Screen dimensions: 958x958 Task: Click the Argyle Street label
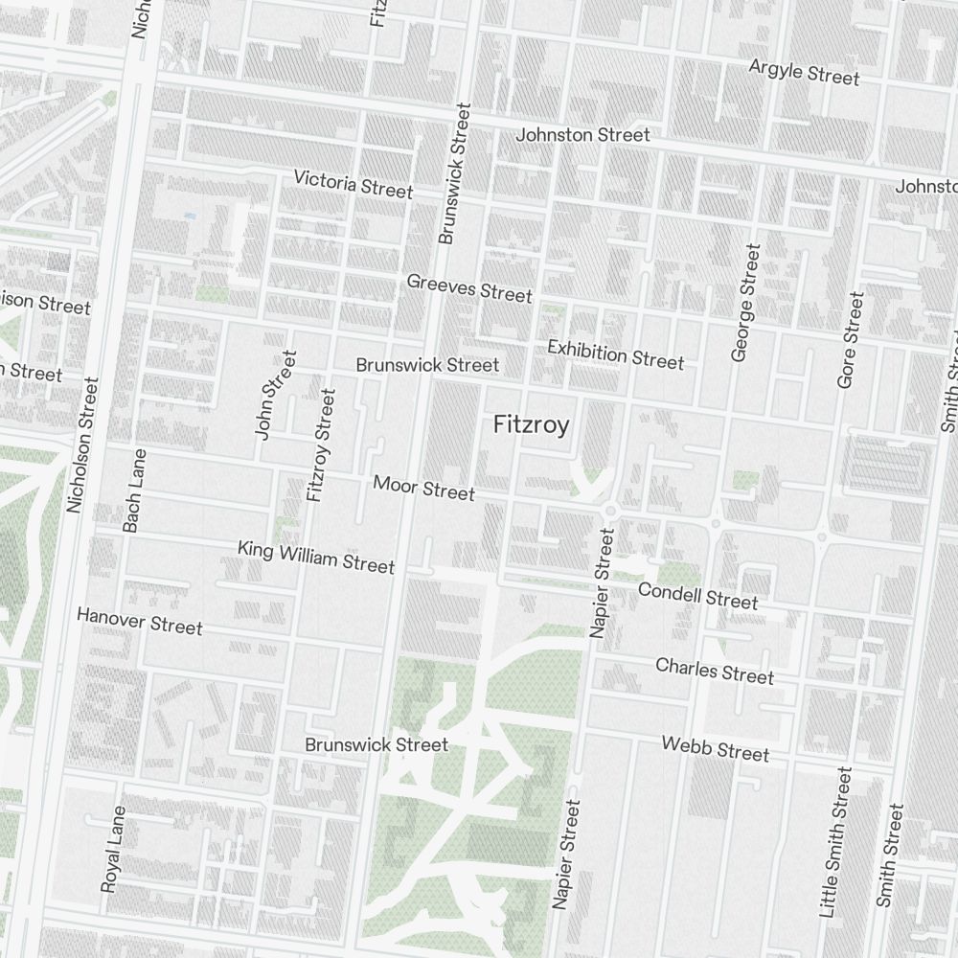click(804, 72)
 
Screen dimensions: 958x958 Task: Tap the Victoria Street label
click(354, 184)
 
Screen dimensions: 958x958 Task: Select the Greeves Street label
click(468, 287)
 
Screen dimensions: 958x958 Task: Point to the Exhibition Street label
click(615, 354)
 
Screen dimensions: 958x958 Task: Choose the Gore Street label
click(850, 340)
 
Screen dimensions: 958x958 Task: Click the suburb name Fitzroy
click(531, 425)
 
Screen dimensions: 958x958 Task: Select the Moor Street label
click(423, 488)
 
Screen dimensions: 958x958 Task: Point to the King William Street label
click(316, 557)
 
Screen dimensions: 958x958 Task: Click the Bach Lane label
click(134, 490)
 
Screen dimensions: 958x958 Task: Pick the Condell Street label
click(697, 596)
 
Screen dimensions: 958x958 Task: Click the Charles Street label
click(715, 671)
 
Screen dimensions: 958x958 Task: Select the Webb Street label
click(715, 748)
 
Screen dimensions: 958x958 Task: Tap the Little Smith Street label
click(832, 842)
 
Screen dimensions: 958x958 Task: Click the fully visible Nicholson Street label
click(83, 445)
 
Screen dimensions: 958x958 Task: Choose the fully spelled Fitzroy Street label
click(320, 445)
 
